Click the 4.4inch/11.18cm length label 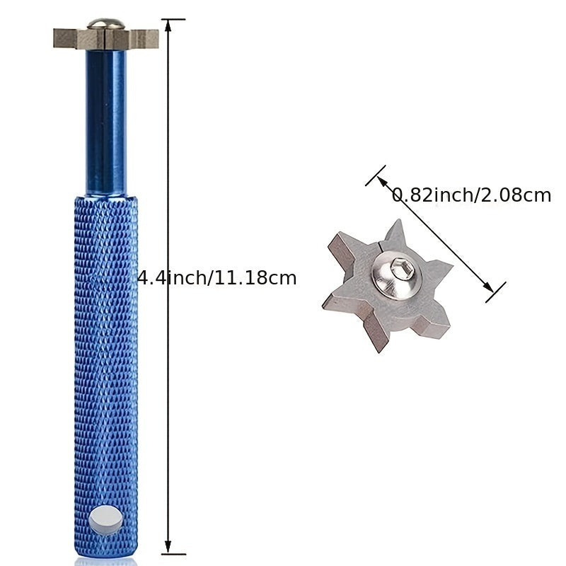pyautogui.click(x=217, y=278)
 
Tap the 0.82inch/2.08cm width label pyautogui.click(x=471, y=195)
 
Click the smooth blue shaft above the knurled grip pyautogui.click(x=106, y=122)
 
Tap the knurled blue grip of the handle pyautogui.click(x=105, y=376)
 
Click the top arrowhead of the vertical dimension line pyautogui.click(x=168, y=25)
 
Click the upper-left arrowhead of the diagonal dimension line pyautogui.click(x=381, y=180)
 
